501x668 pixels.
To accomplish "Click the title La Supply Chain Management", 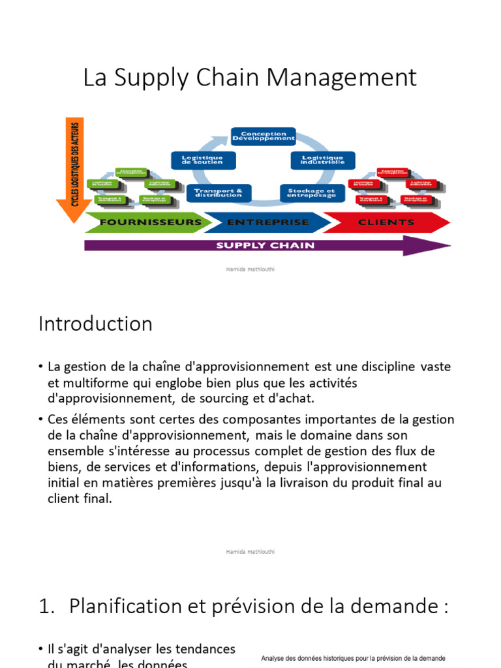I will coord(250,78).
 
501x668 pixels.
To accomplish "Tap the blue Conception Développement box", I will coord(264,136).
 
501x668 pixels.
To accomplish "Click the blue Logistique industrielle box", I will coord(322,160).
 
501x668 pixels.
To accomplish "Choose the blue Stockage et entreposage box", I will coord(312,193).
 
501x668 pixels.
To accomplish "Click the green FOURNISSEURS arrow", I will coord(149,222).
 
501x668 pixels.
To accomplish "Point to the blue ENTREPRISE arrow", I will coord(267,222).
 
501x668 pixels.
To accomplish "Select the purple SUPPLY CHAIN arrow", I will coord(266,246).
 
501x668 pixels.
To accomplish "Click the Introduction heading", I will coord(95,324).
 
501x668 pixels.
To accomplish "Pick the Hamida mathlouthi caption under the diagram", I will coord(250,269).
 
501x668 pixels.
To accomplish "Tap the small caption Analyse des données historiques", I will coord(353,659).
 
